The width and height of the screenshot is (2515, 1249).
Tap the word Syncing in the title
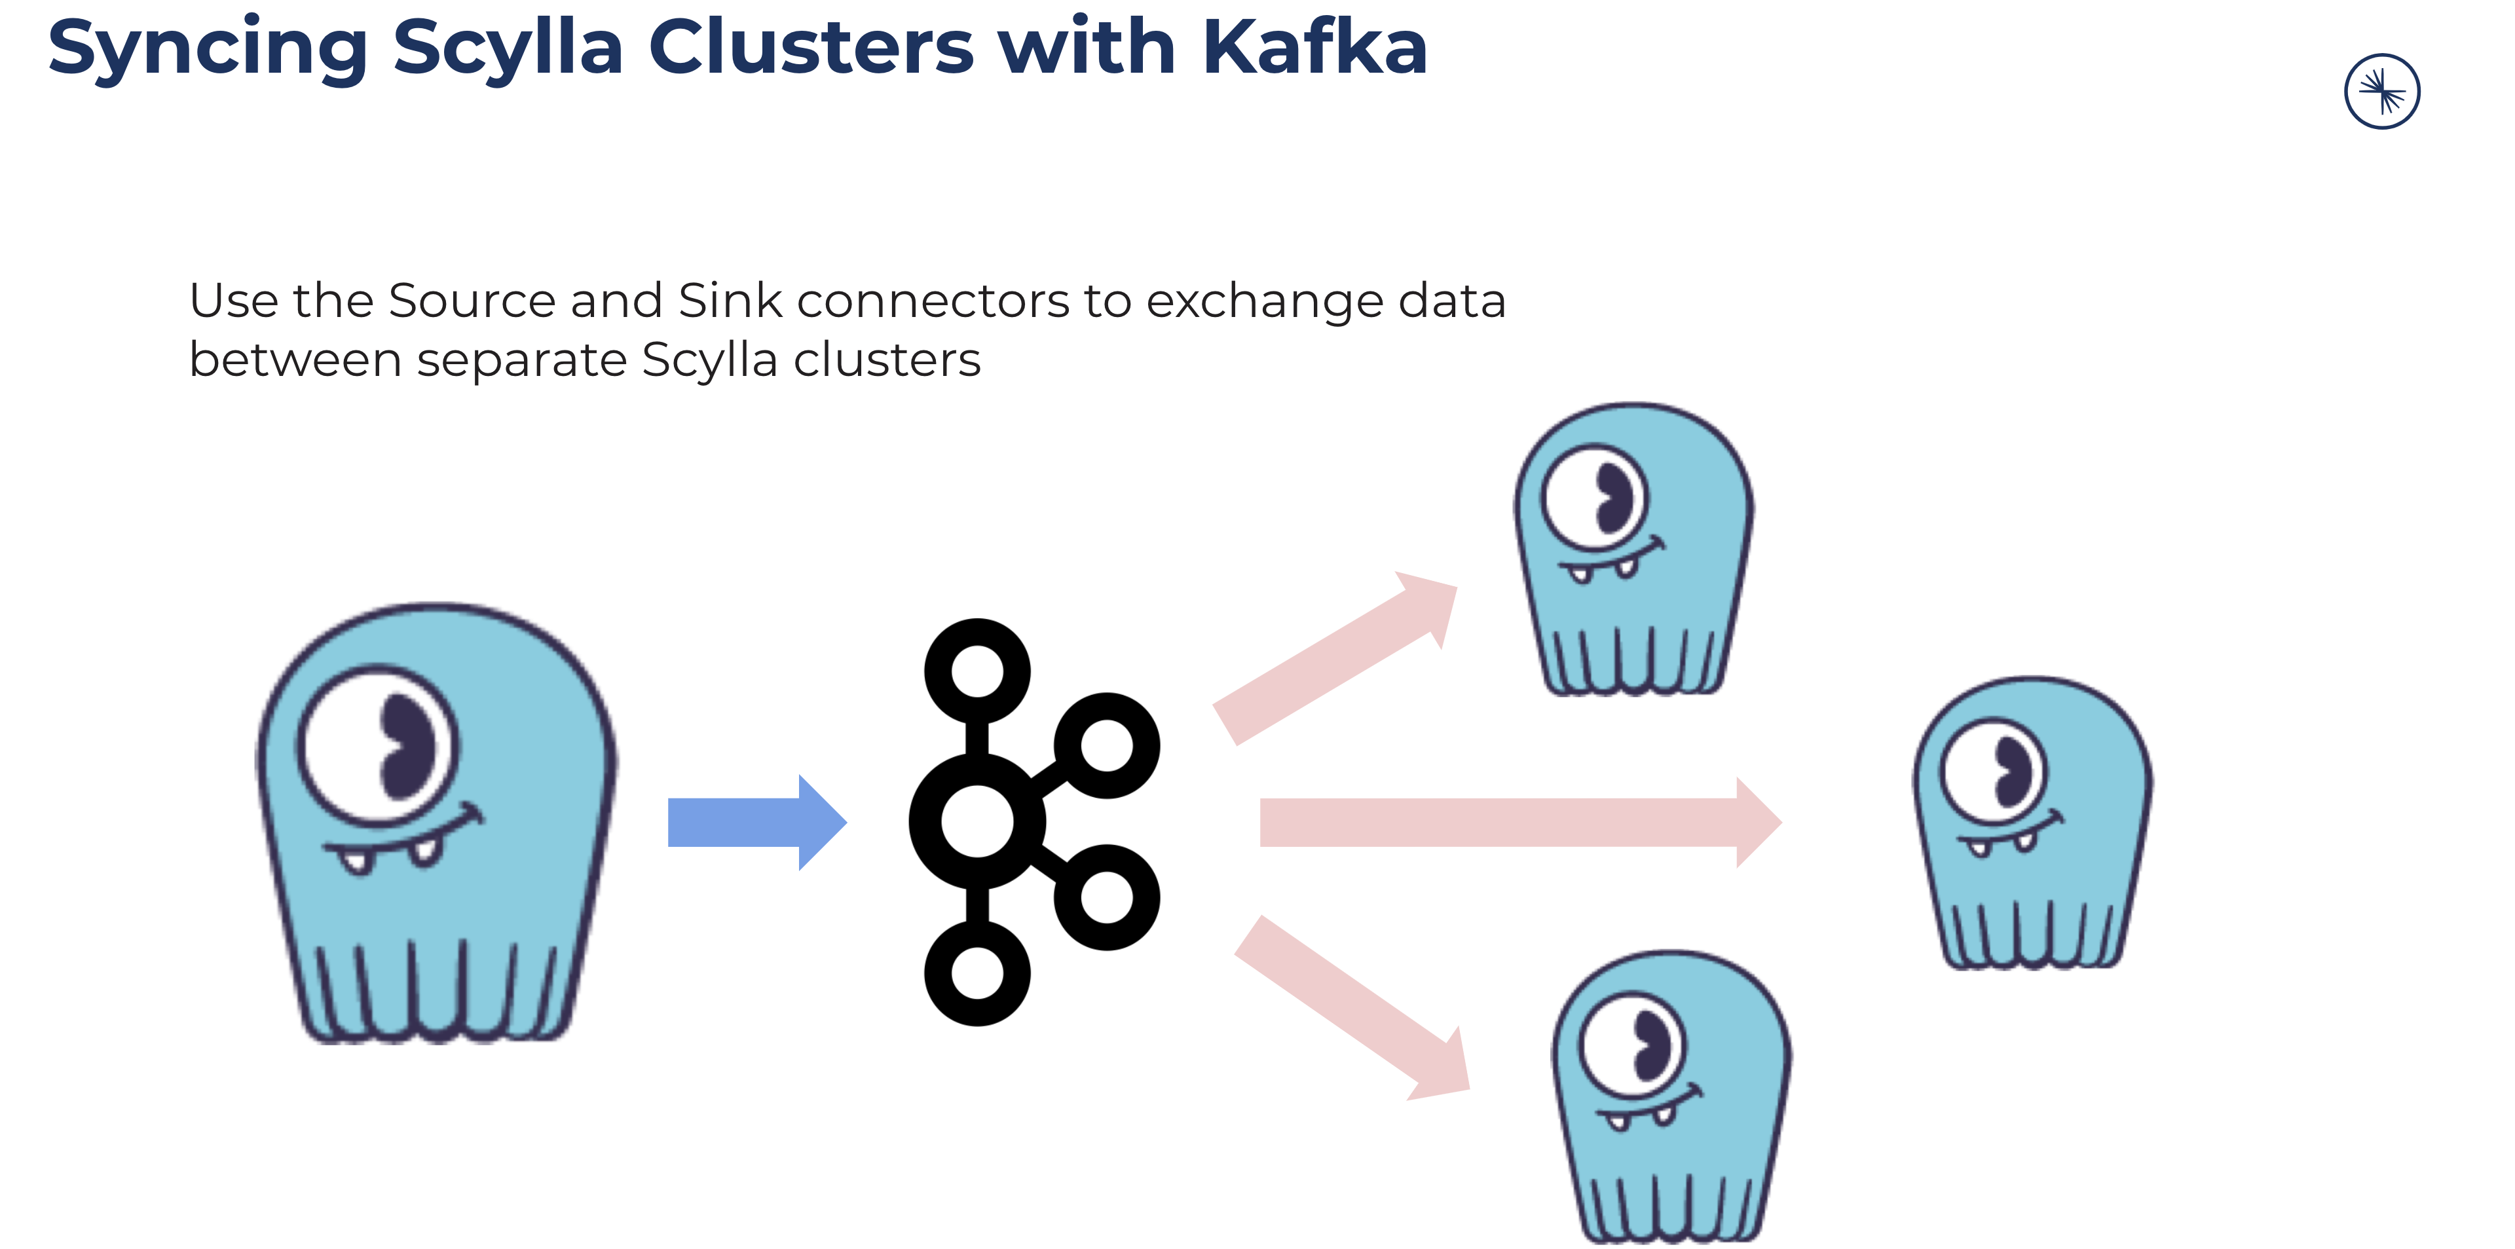tap(207, 49)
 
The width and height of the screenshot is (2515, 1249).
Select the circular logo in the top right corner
tap(2381, 92)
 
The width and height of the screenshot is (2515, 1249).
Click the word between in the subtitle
tap(295, 360)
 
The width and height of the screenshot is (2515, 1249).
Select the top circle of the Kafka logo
tap(977, 672)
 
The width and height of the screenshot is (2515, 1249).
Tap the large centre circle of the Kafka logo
tap(977, 822)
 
